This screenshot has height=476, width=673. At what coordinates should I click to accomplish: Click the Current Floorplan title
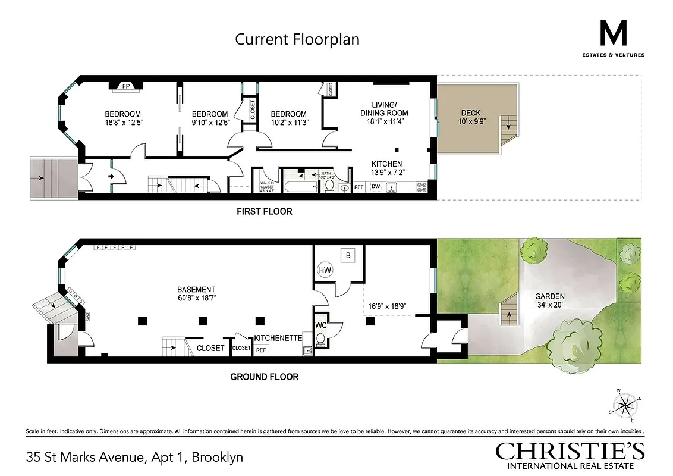click(297, 40)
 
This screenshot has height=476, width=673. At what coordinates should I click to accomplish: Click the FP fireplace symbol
click(125, 86)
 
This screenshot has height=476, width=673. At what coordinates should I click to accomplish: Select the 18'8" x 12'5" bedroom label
click(122, 118)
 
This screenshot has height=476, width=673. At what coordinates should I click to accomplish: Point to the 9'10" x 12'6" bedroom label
click(209, 118)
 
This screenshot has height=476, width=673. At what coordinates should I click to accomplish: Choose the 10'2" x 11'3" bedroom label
click(288, 118)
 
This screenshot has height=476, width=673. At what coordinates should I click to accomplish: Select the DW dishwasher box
click(376, 187)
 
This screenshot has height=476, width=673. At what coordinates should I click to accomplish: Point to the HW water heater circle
click(325, 270)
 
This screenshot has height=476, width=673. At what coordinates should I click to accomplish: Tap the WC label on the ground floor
click(320, 325)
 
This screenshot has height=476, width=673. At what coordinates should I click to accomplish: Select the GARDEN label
click(549, 300)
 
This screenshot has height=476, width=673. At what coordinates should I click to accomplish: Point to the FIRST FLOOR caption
click(265, 211)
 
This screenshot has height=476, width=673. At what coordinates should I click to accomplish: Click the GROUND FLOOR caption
click(264, 377)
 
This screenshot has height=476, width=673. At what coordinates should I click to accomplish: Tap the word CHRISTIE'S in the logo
click(570, 451)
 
